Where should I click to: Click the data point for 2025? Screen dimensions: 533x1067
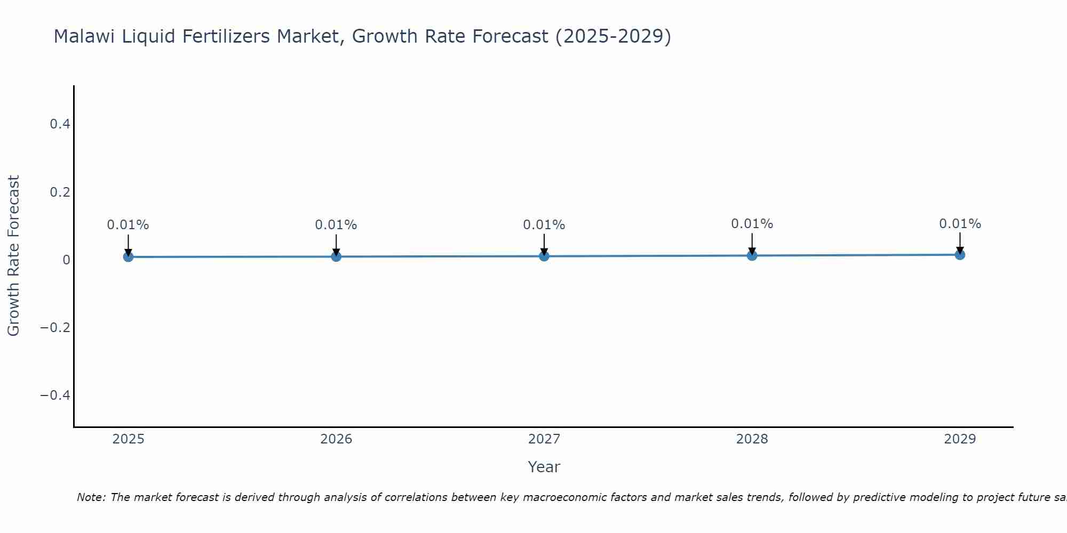(x=128, y=257)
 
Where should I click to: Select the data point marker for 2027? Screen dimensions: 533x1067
(x=544, y=256)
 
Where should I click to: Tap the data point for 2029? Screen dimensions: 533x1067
(x=960, y=255)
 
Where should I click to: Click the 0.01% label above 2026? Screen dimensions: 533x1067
(x=336, y=225)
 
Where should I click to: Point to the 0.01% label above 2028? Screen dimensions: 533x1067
(x=752, y=224)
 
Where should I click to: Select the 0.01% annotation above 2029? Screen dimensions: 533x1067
(x=960, y=224)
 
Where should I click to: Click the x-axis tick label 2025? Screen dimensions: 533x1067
(x=129, y=439)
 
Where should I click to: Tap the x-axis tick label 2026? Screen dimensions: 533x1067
(x=336, y=439)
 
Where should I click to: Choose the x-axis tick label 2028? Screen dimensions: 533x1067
(x=752, y=439)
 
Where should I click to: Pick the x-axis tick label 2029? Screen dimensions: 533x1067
(x=960, y=439)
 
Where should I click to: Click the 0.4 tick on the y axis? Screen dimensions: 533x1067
(x=60, y=124)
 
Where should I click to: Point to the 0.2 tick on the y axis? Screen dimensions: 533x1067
(x=60, y=192)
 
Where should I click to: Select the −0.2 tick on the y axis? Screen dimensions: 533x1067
(x=55, y=327)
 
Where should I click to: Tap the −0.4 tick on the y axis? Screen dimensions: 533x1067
(x=55, y=395)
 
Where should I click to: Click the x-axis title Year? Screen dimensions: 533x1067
(x=544, y=467)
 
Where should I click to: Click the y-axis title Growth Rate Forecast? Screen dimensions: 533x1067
(x=13, y=256)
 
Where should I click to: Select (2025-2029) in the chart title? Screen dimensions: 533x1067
(x=613, y=36)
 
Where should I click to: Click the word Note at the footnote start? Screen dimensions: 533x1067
(x=91, y=497)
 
